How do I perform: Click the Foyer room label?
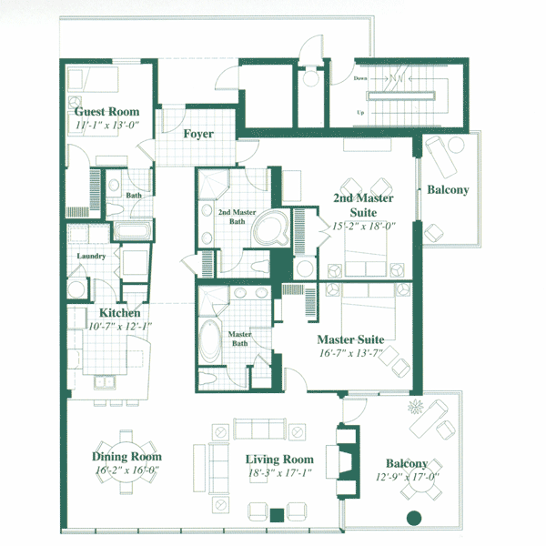point(198,134)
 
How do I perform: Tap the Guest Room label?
point(106,111)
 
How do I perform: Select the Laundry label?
point(91,256)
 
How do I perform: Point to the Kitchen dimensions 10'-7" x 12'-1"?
point(120,327)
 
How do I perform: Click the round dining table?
point(126,462)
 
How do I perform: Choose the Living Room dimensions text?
point(279,473)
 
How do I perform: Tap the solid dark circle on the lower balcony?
point(414,518)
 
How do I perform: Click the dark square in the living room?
point(277,515)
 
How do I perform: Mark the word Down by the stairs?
point(360,78)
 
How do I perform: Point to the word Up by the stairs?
point(360,113)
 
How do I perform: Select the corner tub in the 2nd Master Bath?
point(271,228)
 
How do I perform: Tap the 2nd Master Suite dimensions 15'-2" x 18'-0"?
point(364,226)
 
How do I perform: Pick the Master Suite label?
point(350,339)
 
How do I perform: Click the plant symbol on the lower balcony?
point(416,407)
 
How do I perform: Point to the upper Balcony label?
point(448,190)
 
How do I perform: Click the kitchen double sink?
point(104,382)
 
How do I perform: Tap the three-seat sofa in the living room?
point(259,429)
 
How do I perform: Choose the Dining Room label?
point(126,457)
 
